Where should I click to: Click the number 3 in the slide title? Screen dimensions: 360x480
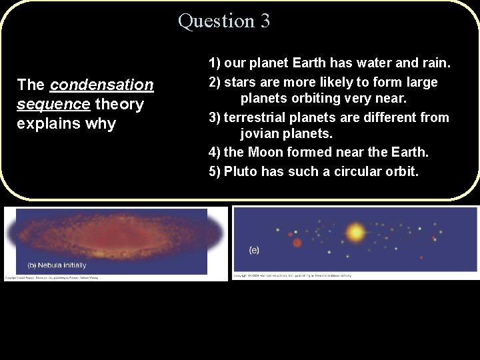point(264,21)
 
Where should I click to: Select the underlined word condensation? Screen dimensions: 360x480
point(101,85)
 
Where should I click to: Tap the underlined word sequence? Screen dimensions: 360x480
point(53,105)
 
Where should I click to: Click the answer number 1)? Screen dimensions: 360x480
point(215,64)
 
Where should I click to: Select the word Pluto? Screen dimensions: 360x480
point(241,171)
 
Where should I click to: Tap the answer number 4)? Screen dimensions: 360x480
point(215,153)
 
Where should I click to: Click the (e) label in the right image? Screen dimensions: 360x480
point(254,250)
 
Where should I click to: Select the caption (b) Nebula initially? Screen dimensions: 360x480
point(57,265)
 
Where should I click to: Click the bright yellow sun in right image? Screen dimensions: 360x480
point(355,233)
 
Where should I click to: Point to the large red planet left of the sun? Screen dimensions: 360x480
point(297,242)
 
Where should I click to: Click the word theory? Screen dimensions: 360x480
point(119,105)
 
